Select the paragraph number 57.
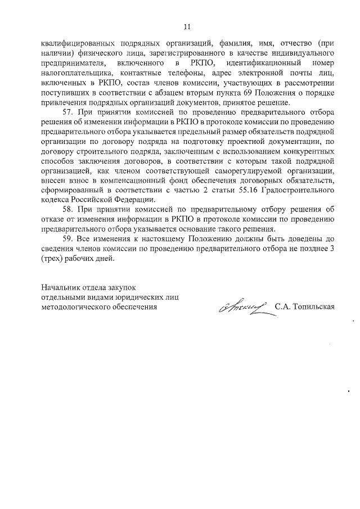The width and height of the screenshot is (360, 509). click(x=67, y=112)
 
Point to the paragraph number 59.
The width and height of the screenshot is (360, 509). click(x=67, y=239)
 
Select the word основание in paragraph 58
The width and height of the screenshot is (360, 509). click(x=209, y=229)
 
